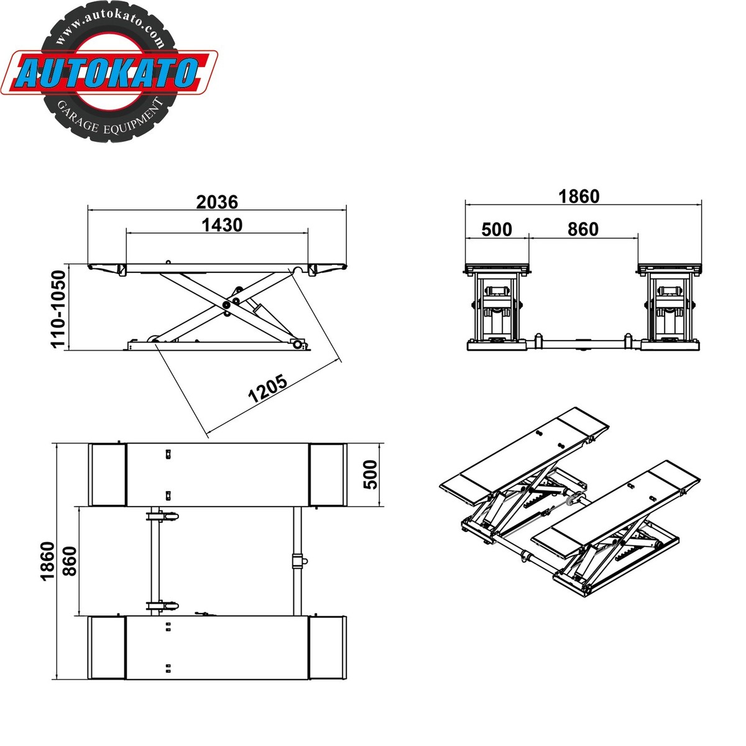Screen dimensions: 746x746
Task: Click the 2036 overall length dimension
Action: coord(217,201)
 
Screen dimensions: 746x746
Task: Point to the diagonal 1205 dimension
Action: coord(268,389)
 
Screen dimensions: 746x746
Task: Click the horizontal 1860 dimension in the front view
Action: coord(578,196)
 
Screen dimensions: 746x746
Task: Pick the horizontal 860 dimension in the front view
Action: coord(583,229)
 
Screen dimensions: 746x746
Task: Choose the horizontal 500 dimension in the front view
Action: coord(497,229)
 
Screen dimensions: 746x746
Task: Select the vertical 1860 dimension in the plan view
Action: coord(47,561)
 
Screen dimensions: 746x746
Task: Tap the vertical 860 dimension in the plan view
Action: coord(69,561)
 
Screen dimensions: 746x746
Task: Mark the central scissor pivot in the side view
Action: coord(228,303)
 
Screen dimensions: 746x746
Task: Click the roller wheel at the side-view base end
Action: coord(299,344)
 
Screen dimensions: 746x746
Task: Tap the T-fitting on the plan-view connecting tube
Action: coord(298,560)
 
